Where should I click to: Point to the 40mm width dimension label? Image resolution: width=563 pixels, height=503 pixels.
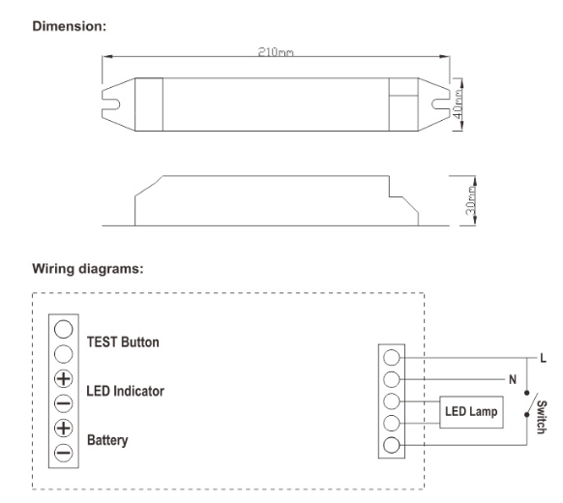click(459, 100)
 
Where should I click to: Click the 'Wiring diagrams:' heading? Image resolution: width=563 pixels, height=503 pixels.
click(88, 268)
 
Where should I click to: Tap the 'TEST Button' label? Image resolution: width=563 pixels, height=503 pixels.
click(124, 341)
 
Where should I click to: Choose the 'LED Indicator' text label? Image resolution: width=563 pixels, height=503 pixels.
click(126, 392)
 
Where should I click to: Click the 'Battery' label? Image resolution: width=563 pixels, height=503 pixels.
click(107, 440)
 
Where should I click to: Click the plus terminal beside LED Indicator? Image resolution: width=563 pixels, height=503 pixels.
click(63, 378)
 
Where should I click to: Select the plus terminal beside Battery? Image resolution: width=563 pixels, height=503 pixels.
click(63, 428)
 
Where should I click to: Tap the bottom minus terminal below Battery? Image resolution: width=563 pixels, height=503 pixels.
click(63, 452)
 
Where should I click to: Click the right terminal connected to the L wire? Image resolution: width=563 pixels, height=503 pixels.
click(393, 357)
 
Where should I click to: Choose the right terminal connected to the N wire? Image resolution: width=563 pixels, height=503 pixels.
click(393, 379)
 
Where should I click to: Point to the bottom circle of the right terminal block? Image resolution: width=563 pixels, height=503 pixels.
click(393, 446)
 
